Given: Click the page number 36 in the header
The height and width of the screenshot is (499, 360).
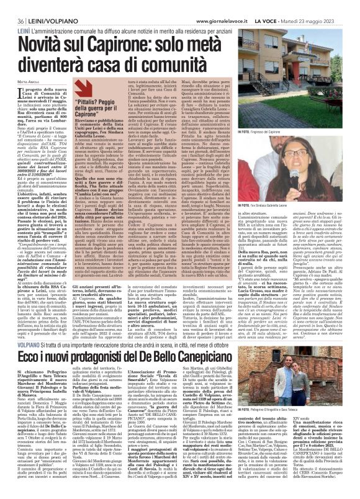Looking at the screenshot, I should (9, 6).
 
